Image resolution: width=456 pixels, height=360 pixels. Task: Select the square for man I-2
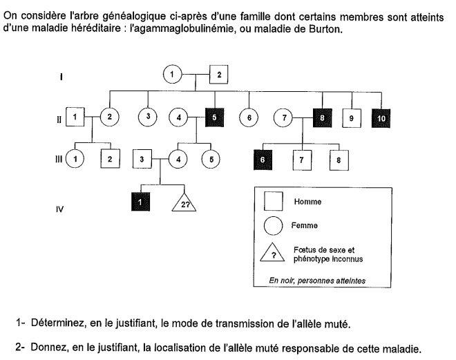(218, 74)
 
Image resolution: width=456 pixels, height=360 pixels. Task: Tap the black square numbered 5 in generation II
(215, 117)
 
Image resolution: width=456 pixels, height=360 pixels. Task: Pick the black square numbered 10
(383, 118)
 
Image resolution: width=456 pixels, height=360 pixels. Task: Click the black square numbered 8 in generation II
(322, 117)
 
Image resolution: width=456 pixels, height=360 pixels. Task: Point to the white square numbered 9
(352, 118)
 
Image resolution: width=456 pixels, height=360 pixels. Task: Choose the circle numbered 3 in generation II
(147, 117)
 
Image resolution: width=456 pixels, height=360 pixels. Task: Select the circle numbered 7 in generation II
(284, 117)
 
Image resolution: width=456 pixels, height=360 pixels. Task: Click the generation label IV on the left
(60, 206)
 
